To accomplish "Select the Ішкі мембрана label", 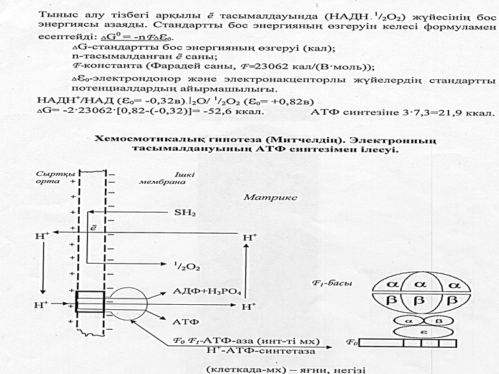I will (157, 176).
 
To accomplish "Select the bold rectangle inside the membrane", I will (90, 302).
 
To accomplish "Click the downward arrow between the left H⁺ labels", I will (42, 271).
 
